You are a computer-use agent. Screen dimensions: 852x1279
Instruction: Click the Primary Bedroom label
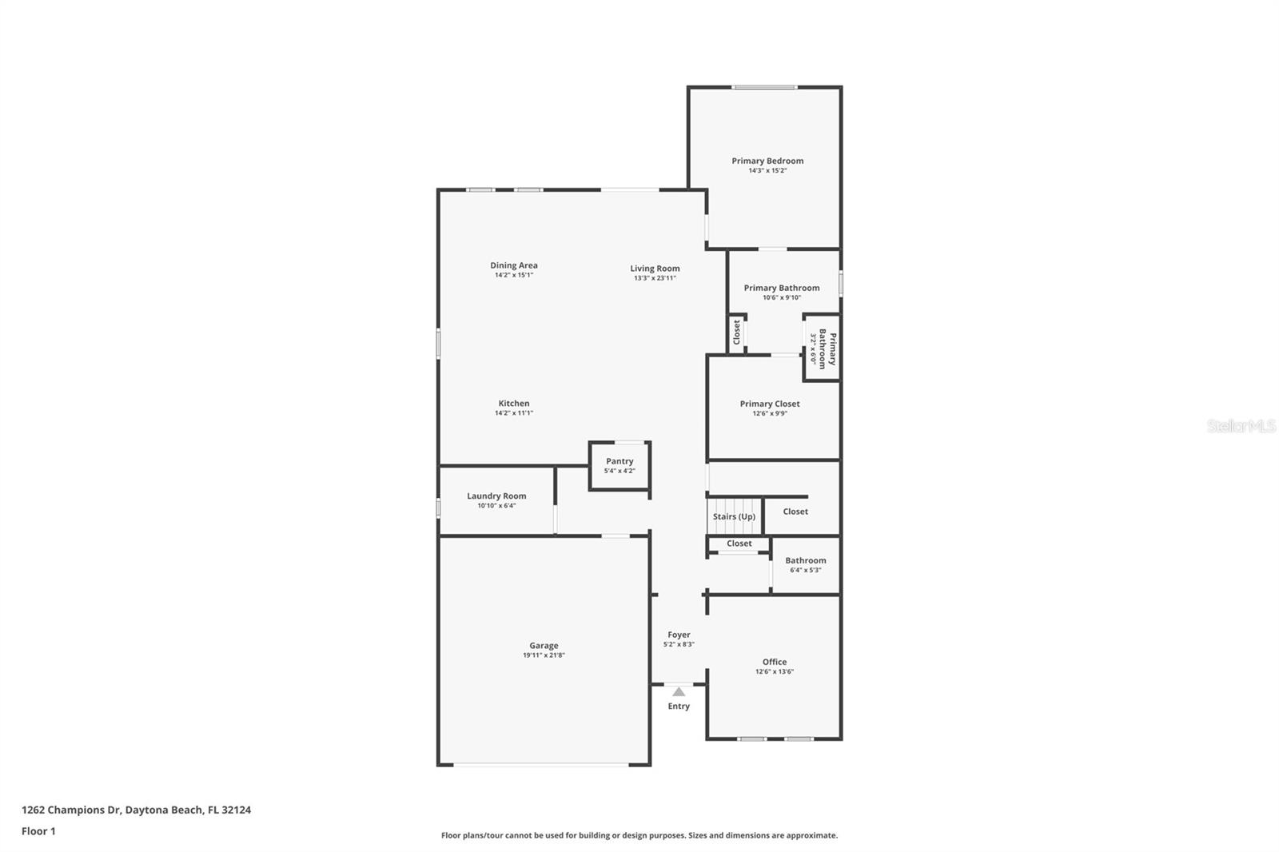(x=767, y=161)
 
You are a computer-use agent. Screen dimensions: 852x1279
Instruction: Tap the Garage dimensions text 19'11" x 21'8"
(x=544, y=655)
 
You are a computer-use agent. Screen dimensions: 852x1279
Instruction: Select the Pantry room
(x=620, y=465)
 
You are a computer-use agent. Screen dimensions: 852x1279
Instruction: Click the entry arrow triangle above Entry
(x=679, y=691)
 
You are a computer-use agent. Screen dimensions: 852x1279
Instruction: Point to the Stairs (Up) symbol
(x=734, y=516)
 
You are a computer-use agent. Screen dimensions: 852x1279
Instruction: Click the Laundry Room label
(x=496, y=496)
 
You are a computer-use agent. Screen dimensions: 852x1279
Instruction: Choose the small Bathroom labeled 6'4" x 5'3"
(x=805, y=564)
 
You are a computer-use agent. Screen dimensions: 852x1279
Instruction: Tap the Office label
(x=774, y=662)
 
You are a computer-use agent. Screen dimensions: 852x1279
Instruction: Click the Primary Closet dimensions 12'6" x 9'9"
(x=770, y=413)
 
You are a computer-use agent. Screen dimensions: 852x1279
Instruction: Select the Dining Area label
(x=514, y=265)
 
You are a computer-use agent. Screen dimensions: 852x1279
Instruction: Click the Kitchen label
(x=514, y=404)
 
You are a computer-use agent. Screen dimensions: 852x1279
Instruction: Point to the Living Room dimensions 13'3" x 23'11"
(x=655, y=278)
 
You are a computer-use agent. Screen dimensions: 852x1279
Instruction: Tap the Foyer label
(x=679, y=635)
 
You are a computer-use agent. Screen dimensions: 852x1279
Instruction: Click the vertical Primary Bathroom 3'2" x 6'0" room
(x=822, y=348)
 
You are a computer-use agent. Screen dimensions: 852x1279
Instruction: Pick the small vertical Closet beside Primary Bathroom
(x=737, y=332)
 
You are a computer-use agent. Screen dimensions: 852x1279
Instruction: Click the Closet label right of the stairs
(x=795, y=512)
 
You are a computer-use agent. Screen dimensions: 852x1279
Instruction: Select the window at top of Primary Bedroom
(x=764, y=87)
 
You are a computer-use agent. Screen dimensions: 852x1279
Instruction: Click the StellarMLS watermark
(x=1241, y=426)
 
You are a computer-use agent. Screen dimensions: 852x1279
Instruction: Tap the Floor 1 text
(x=38, y=831)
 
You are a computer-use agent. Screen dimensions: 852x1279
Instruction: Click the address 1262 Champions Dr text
(x=136, y=810)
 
